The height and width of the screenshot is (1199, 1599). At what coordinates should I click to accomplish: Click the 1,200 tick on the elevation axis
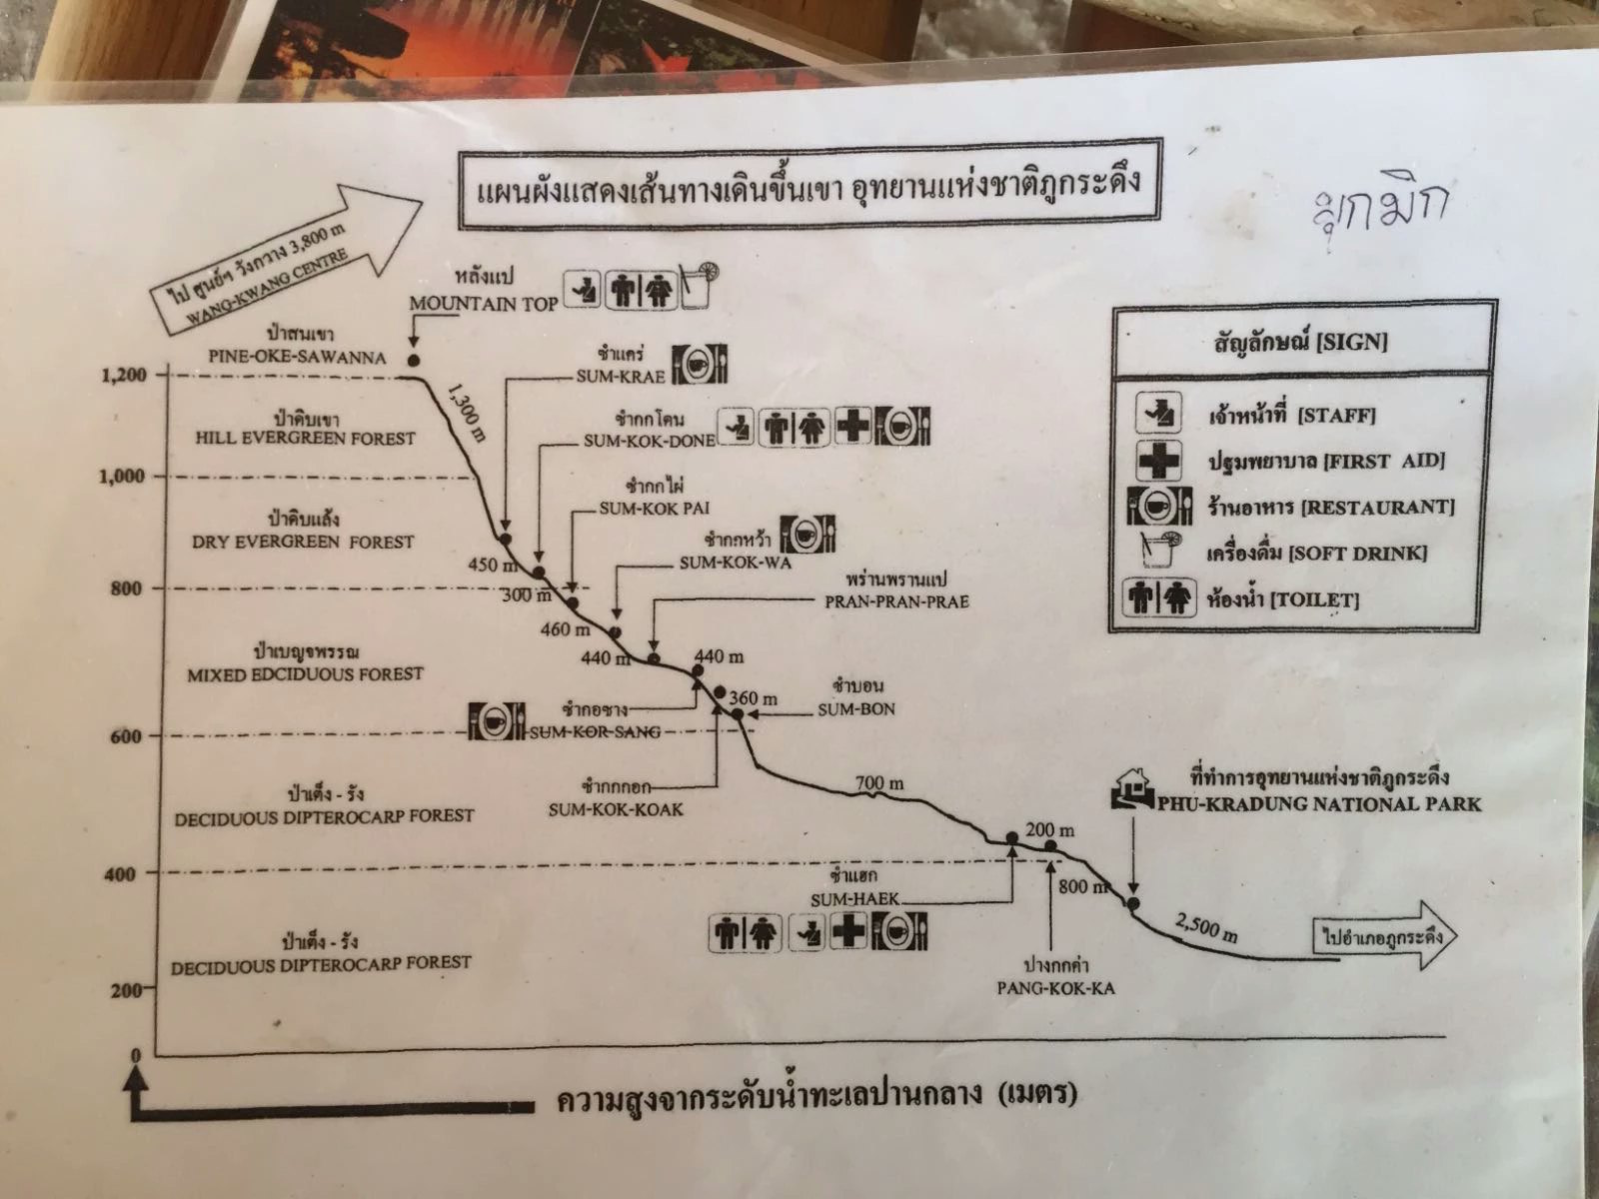point(126,376)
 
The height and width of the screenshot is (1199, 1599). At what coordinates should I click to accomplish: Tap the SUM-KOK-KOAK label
point(616,809)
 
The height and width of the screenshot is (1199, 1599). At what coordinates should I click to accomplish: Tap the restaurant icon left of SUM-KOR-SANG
point(497,721)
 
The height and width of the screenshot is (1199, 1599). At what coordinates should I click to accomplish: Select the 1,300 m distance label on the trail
point(467,418)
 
